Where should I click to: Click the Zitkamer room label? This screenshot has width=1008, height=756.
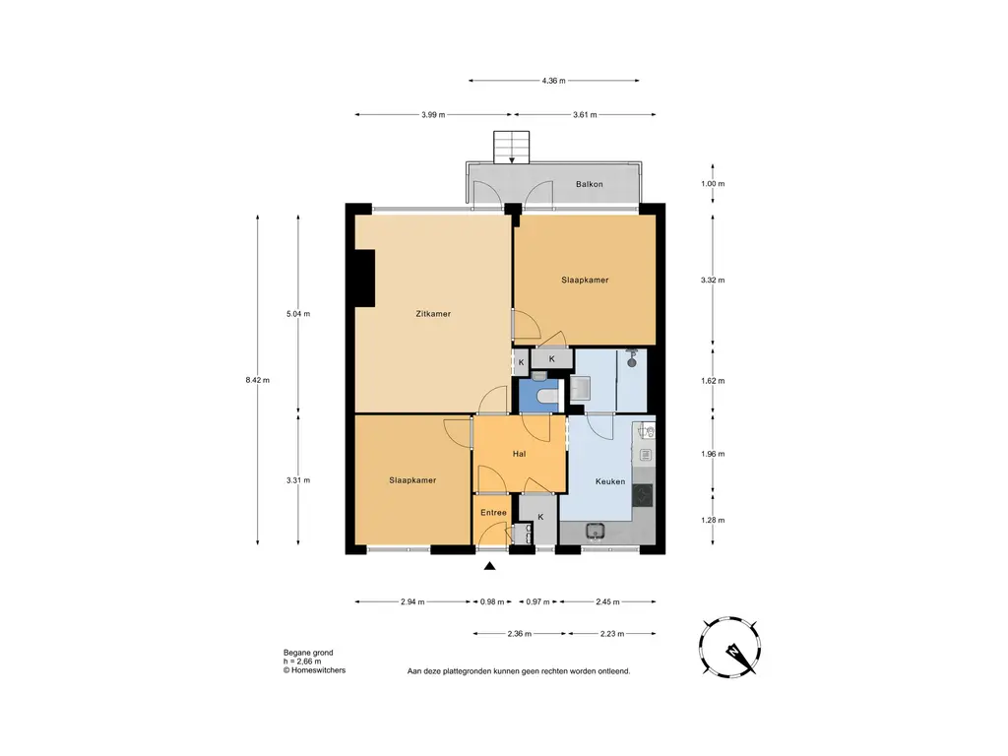(433, 314)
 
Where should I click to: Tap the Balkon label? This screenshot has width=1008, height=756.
(589, 184)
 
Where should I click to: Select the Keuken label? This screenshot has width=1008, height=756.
(610, 480)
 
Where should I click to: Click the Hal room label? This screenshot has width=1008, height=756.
(519, 454)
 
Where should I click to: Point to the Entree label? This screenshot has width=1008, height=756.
(493, 512)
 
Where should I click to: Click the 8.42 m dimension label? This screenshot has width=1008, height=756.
(257, 380)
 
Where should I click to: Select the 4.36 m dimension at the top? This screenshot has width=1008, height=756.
(553, 81)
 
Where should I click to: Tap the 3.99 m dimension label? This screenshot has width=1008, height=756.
(433, 115)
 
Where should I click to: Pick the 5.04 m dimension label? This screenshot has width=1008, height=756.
(297, 314)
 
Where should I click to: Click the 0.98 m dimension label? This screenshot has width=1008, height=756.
(492, 602)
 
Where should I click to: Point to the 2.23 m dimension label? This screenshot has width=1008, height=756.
(612, 634)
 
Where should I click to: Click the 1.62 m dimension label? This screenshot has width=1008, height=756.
(713, 381)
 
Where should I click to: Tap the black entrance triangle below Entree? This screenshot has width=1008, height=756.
(490, 566)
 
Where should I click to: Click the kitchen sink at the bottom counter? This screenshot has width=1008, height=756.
(596, 532)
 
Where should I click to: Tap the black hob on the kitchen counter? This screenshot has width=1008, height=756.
(642, 495)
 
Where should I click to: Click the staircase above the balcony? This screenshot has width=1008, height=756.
(511, 148)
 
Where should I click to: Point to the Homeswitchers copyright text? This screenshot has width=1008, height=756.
(314, 670)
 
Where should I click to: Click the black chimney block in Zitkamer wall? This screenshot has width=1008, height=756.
(364, 278)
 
